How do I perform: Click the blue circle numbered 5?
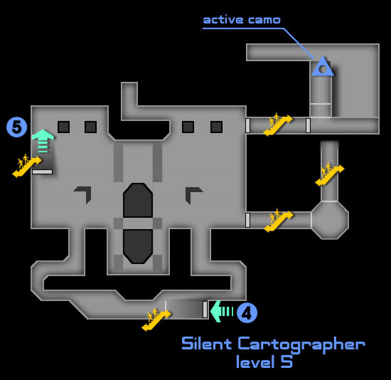click(x=16, y=127)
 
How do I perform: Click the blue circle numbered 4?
click(x=247, y=312)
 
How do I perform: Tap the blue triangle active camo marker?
click(x=323, y=67)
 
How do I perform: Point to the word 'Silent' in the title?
click(x=207, y=343)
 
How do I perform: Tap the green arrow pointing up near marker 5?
click(x=43, y=141)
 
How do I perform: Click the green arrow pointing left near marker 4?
click(x=221, y=312)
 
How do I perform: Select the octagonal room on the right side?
click(x=330, y=220)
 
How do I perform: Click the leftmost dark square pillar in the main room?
click(x=63, y=127)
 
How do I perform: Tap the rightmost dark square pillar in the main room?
click(x=216, y=127)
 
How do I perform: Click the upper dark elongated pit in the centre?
click(x=138, y=200)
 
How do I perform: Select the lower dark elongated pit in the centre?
click(x=138, y=246)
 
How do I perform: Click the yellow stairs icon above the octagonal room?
click(x=329, y=174)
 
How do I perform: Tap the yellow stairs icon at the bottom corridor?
click(x=156, y=320)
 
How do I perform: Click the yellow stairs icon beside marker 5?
click(x=27, y=166)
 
